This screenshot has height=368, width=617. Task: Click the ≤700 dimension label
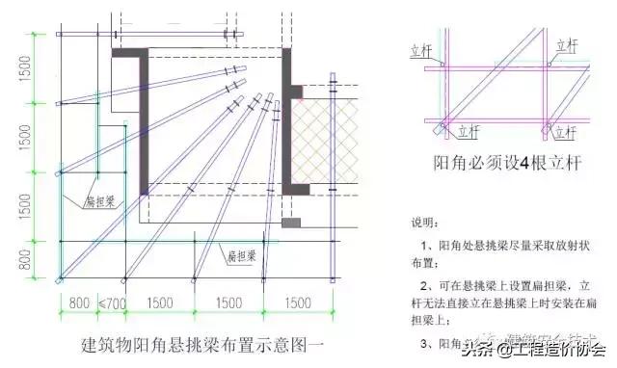pos(113,304)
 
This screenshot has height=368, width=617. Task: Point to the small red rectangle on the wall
pos(297,92)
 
